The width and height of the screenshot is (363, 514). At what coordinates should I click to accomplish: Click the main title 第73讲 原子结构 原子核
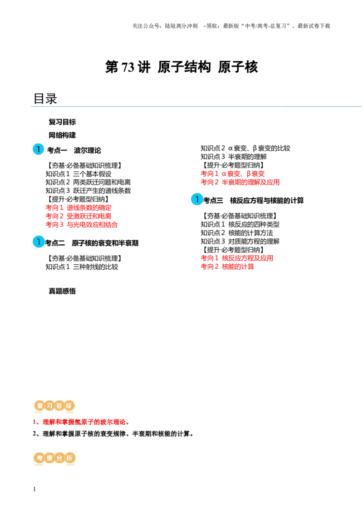[x=181, y=67]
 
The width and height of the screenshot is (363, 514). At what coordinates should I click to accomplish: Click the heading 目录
[x=45, y=99]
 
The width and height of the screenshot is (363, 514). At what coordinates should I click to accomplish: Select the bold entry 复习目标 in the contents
[x=62, y=122]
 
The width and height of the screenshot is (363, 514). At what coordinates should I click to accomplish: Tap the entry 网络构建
[x=62, y=135]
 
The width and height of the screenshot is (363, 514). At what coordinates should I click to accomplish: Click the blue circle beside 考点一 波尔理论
[x=38, y=149]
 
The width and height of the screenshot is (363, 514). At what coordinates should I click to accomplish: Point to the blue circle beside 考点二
[x=38, y=242]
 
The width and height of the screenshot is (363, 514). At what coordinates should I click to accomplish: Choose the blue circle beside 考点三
[x=197, y=199]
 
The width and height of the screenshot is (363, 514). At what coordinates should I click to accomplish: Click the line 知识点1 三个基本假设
[x=78, y=174]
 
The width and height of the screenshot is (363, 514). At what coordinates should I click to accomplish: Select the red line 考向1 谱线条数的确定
[x=78, y=208]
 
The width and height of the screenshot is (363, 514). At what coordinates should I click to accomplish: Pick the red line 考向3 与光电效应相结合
[x=82, y=225]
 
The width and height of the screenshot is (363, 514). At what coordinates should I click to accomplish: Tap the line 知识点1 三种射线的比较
[x=82, y=267]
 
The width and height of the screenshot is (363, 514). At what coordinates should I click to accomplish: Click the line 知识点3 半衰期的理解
[x=234, y=157]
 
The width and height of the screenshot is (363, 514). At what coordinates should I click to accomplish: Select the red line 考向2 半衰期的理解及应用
[x=240, y=182]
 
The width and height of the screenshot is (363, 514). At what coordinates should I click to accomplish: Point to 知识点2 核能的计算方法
[x=237, y=233]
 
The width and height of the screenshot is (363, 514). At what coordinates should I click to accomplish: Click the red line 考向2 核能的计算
[x=227, y=267]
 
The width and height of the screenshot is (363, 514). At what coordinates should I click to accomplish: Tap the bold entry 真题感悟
[x=62, y=291]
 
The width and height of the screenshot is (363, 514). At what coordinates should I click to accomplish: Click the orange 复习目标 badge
[x=54, y=406]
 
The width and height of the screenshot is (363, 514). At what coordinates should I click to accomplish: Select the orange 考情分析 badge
[x=54, y=458]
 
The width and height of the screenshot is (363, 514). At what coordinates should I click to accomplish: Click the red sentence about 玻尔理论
[x=81, y=422]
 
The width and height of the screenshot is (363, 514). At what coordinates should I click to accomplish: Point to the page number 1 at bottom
[x=34, y=489]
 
